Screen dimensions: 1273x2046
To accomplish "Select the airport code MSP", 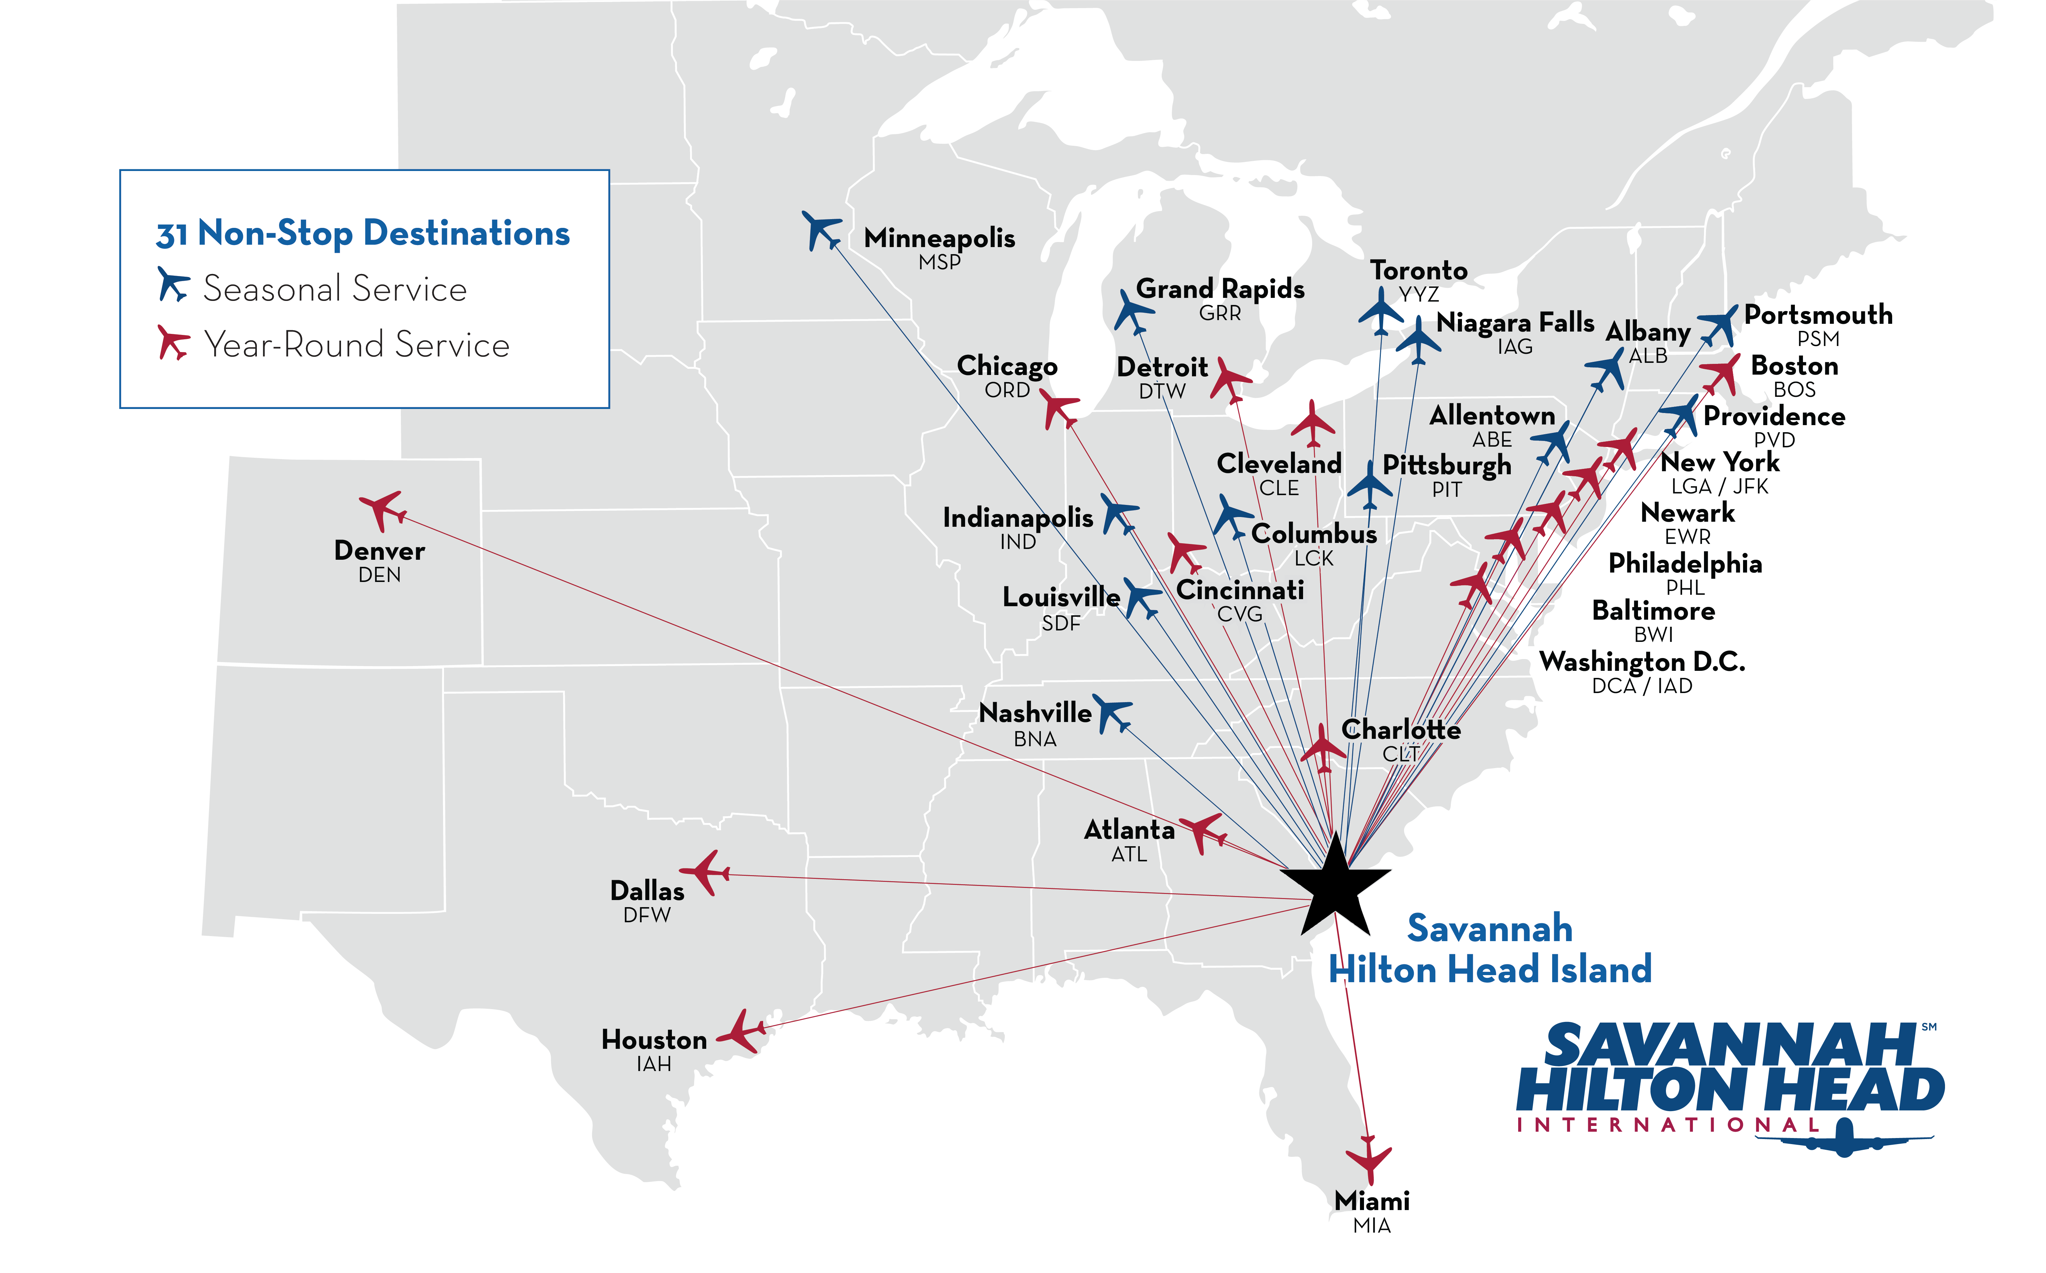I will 940,263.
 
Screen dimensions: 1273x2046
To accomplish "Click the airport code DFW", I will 647,915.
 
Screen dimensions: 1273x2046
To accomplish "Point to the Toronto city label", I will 1419,270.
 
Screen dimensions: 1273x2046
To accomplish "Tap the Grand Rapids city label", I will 1220,289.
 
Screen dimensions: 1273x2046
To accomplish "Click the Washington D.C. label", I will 1642,662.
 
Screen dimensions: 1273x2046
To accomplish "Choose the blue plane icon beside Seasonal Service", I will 173,284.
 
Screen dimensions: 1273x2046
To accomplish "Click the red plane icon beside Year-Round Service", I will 173,343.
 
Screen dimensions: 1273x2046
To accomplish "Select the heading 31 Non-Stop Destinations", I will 363,233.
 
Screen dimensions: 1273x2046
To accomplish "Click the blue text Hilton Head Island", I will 1490,969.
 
